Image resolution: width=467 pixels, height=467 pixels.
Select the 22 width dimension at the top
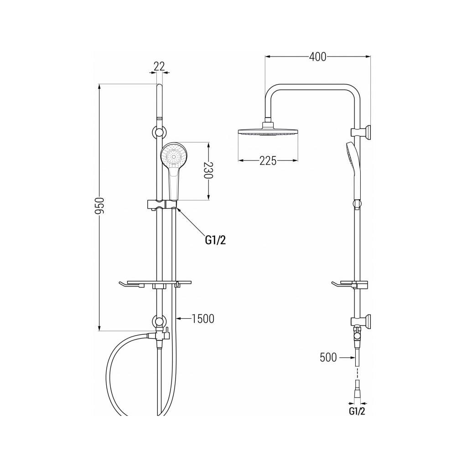(159, 66)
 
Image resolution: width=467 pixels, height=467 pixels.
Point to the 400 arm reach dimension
(317, 57)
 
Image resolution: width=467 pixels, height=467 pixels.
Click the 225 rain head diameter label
(268, 161)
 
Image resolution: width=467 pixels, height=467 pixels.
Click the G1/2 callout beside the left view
(215, 240)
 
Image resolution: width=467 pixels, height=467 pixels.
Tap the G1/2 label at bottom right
(358, 411)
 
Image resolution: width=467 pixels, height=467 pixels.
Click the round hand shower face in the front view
(172, 156)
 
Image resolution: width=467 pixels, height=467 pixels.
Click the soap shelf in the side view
(349, 285)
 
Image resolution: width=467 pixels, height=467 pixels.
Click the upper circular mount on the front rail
(159, 133)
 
